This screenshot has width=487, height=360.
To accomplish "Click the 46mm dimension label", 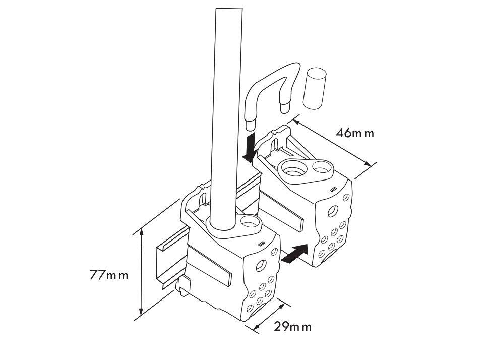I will (355, 133).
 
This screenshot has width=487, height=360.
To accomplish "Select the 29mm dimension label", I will (292, 326).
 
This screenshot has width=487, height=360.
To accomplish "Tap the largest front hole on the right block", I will (332, 210).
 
